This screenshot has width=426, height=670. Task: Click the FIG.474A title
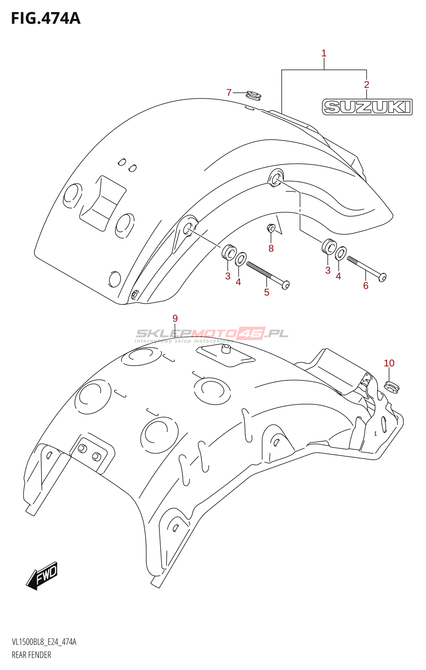(45, 18)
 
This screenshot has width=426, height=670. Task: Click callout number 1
(324, 53)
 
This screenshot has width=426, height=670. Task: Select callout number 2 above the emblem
(366, 85)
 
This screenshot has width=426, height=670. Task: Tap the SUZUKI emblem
(367, 107)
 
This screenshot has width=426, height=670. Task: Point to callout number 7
(229, 93)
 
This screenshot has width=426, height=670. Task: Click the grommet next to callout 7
(253, 96)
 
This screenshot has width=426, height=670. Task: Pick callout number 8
(271, 248)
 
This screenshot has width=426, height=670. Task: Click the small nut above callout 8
(271, 228)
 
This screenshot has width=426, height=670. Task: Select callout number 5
(267, 292)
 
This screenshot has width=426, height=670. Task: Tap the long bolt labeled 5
(268, 275)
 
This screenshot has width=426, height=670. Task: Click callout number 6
(366, 286)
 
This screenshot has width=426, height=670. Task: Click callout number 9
(175, 318)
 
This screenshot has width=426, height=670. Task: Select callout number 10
(389, 363)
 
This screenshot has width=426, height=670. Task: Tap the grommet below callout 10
(392, 387)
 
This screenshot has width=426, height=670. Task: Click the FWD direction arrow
(42, 575)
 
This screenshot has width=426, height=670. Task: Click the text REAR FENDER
(31, 655)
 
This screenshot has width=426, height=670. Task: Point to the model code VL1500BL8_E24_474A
(44, 642)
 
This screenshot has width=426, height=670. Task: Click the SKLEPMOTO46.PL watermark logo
(212, 334)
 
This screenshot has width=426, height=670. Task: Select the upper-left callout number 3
(228, 276)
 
